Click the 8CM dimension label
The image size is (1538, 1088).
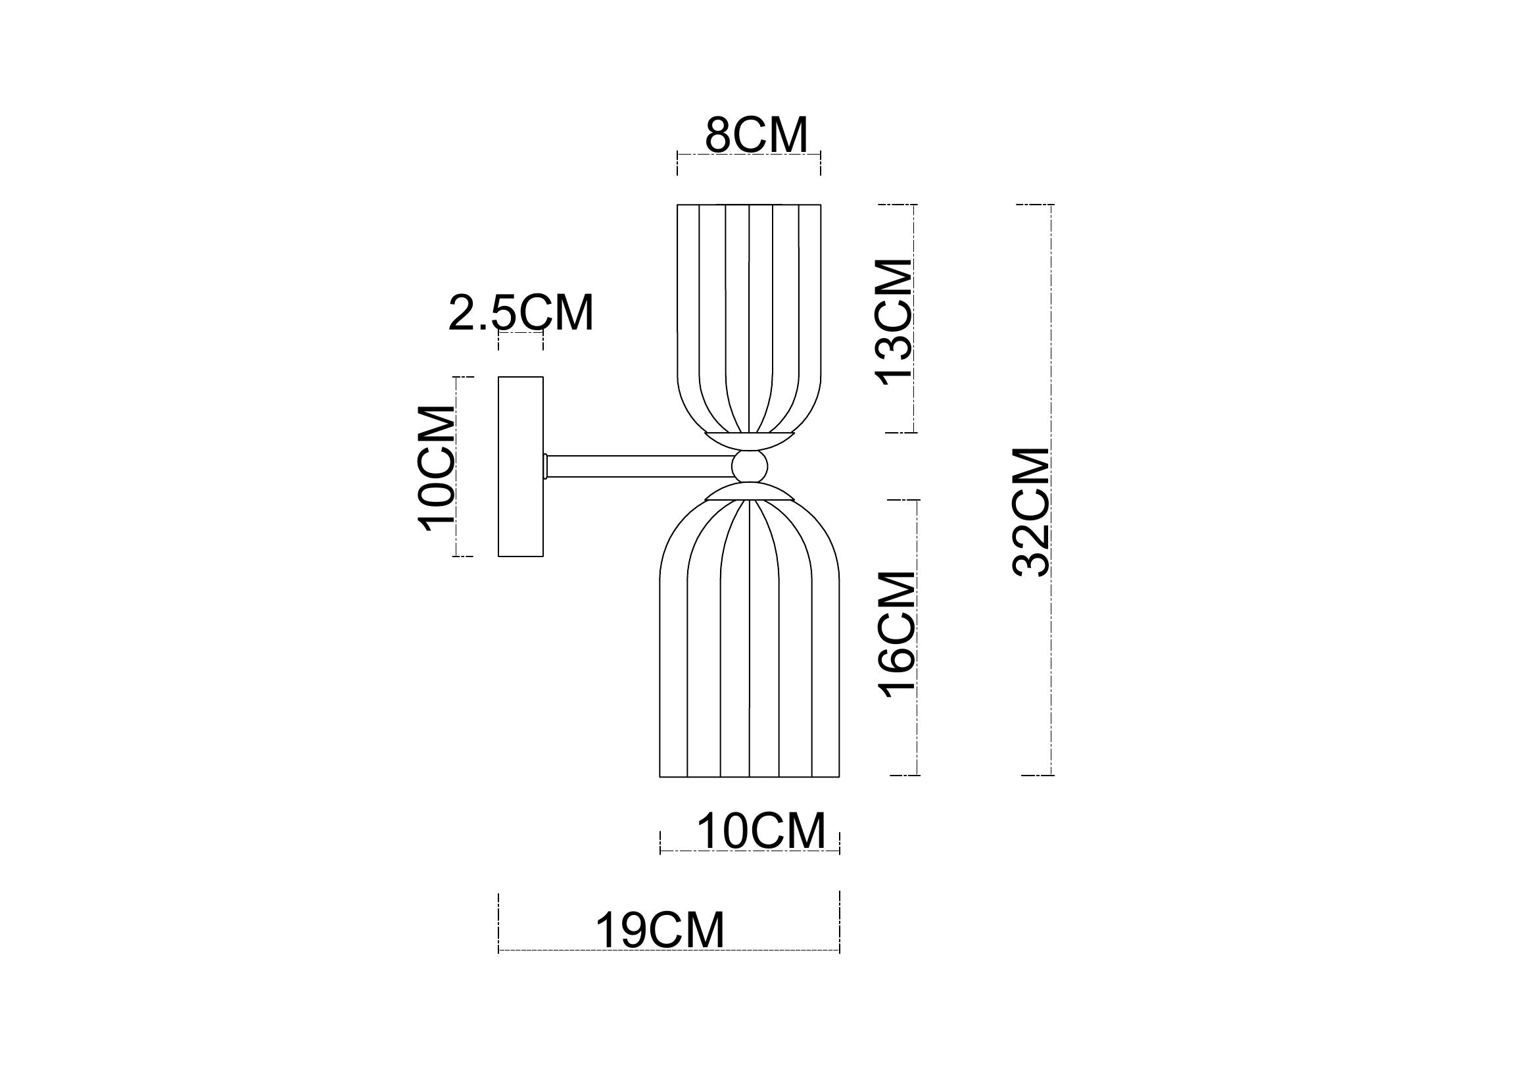coord(756,136)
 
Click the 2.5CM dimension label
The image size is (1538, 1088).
coord(521,313)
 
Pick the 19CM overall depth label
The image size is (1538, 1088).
coord(660,930)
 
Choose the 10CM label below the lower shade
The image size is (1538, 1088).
coord(761,831)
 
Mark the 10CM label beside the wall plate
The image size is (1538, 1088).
coord(437,468)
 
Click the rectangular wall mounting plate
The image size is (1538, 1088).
coord(521,467)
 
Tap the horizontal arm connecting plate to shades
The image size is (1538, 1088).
coord(640,466)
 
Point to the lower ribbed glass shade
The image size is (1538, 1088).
coord(750,643)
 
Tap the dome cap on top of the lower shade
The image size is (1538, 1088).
coord(750,494)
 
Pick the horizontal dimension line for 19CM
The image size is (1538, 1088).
coord(669,950)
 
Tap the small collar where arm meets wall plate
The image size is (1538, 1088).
coord(546,466)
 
